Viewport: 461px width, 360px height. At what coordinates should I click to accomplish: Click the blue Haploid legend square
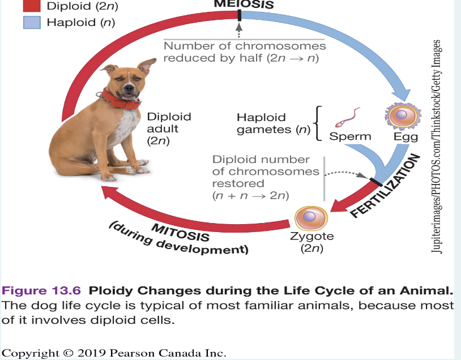32,23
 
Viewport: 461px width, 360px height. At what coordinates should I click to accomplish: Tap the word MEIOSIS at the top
244,4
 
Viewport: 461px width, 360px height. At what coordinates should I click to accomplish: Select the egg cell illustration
402,115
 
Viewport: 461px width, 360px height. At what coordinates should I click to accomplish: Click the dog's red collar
121,100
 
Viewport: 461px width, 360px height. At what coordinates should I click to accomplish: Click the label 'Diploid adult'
169,122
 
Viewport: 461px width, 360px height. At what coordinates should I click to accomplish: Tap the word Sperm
350,136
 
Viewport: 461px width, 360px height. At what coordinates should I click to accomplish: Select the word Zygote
311,237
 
